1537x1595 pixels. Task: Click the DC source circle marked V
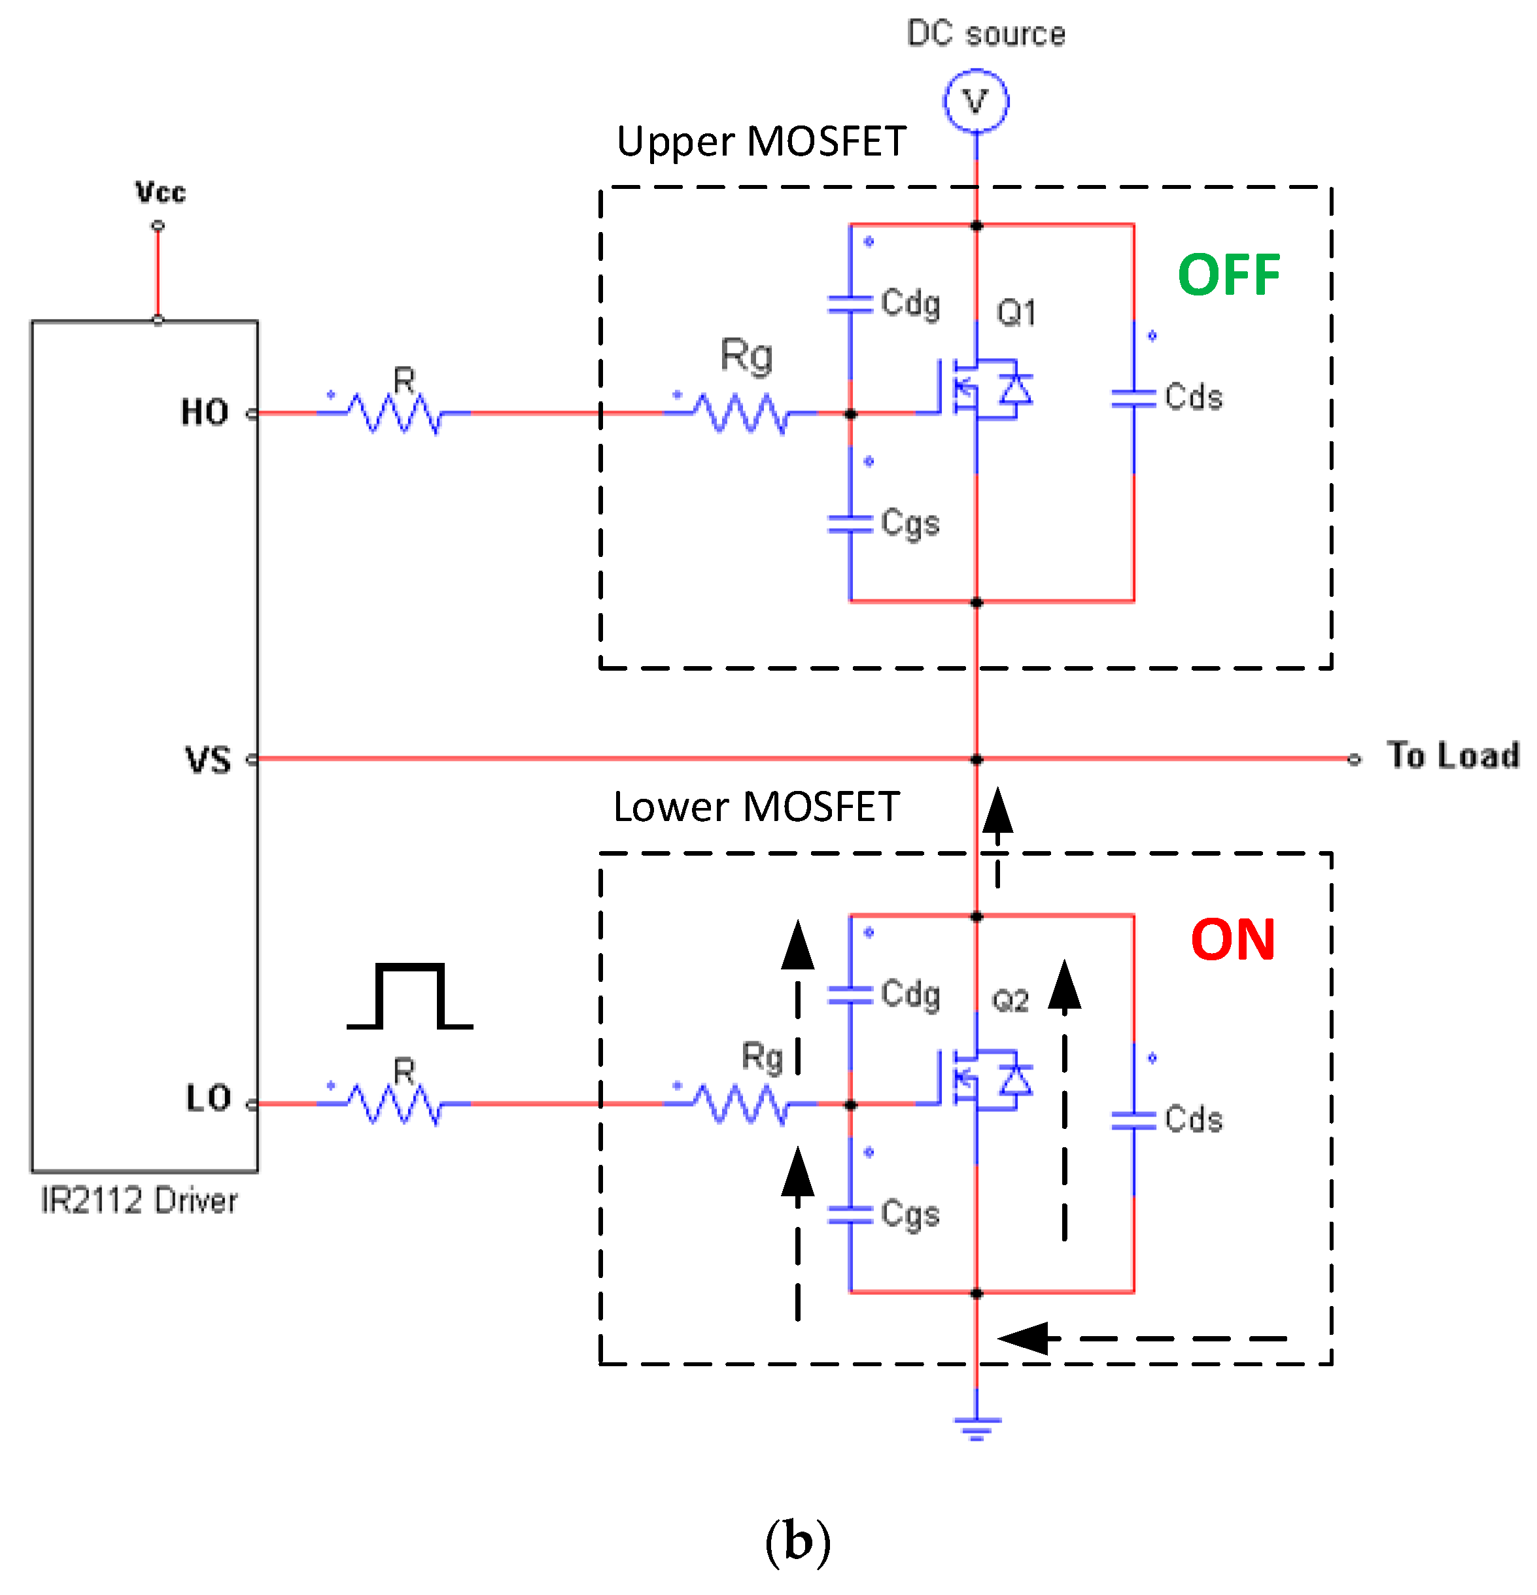(975, 102)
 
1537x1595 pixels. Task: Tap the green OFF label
(1228, 275)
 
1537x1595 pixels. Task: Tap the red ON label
(1232, 940)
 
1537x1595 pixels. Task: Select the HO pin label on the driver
(204, 412)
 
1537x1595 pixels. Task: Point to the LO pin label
(209, 1099)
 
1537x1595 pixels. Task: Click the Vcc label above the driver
(160, 193)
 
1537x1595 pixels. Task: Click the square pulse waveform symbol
(410, 997)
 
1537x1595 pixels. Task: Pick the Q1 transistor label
(1016, 312)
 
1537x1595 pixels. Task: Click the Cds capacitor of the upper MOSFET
(1134, 398)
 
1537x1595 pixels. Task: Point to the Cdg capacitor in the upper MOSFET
(850, 303)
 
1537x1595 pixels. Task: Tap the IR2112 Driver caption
(139, 1201)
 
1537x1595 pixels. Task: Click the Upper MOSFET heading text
(761, 142)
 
